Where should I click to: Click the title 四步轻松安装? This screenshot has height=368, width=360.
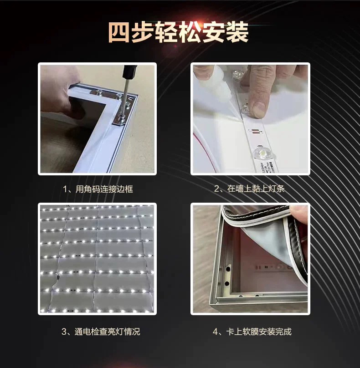pyautogui.click(x=178, y=32)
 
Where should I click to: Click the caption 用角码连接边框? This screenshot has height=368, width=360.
pyautogui.click(x=104, y=189)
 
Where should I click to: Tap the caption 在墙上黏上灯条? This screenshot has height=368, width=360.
pyautogui.click(x=256, y=189)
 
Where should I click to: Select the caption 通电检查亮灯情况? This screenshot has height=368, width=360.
pyautogui.click(x=108, y=332)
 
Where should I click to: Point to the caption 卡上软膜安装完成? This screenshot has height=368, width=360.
pyautogui.click(x=259, y=332)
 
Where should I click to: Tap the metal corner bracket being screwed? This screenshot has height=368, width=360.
pyautogui.click(x=124, y=110)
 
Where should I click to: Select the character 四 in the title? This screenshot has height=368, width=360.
pyautogui.click(x=119, y=32)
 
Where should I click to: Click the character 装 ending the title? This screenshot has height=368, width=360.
pyautogui.click(x=237, y=32)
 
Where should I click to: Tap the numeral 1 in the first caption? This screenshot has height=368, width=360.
pyautogui.click(x=65, y=189)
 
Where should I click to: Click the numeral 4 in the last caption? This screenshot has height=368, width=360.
pyautogui.click(x=215, y=332)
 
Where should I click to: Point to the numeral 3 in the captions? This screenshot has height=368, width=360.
pyautogui.click(x=64, y=332)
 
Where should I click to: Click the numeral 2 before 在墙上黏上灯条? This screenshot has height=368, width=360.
pyautogui.click(x=216, y=189)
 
